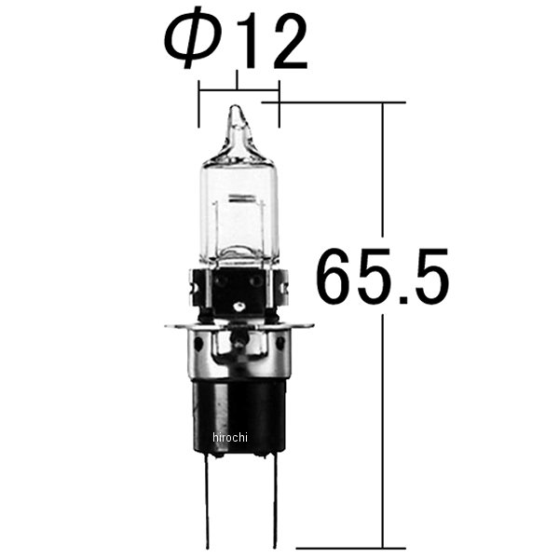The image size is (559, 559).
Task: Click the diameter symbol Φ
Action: coord(188,42)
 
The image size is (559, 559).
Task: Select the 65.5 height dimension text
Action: coord(382,277)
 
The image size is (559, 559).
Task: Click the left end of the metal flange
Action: coord(170,326)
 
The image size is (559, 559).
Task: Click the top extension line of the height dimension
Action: coord(345,102)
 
